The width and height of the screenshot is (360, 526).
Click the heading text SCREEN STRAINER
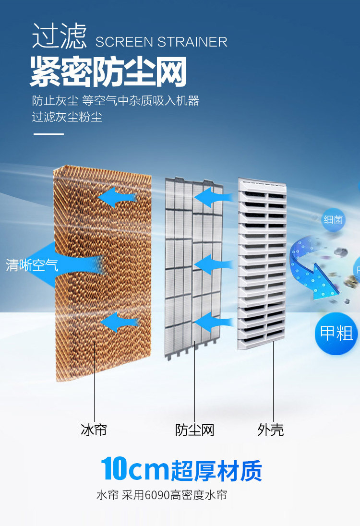coord(161,42)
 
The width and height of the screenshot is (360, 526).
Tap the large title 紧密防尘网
coord(108,72)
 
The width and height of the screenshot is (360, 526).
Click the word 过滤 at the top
coord(60,36)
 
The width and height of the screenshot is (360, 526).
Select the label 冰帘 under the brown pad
coord(94,430)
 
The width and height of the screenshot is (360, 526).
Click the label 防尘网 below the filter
coord(194,430)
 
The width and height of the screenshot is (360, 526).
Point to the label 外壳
coord(271,430)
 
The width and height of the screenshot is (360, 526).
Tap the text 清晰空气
coord(32,265)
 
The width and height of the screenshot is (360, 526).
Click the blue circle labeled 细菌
coord(333,220)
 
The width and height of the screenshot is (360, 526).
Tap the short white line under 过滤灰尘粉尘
coord(48,134)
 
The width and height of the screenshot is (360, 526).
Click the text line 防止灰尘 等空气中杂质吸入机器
coord(115,101)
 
